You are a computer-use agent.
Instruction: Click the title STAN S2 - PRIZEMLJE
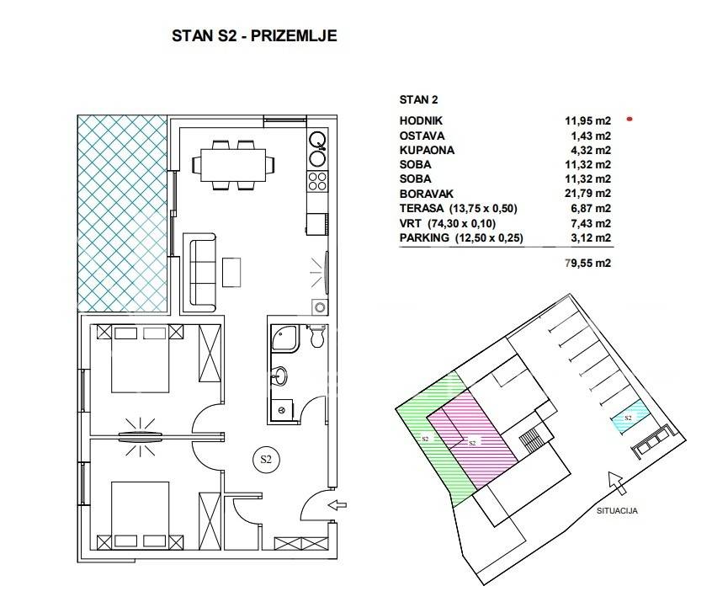254,35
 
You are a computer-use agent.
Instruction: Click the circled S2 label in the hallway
266,460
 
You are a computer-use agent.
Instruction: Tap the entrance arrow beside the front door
337,504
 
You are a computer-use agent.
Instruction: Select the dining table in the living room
233,165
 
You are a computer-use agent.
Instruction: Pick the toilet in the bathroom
317,335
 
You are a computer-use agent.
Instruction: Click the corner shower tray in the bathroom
285,338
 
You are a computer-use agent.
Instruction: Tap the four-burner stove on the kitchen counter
317,181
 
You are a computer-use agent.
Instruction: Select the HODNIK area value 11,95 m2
587,120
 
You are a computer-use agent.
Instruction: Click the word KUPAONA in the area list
427,151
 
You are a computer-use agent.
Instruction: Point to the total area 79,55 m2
587,263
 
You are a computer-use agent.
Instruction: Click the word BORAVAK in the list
426,194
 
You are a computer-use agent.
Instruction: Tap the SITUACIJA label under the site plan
617,511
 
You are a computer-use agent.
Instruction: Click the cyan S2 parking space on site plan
630,417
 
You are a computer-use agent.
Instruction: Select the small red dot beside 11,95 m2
630,119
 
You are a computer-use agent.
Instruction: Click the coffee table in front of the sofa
231,272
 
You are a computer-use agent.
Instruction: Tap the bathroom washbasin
280,376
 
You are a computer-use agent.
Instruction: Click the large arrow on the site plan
618,483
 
